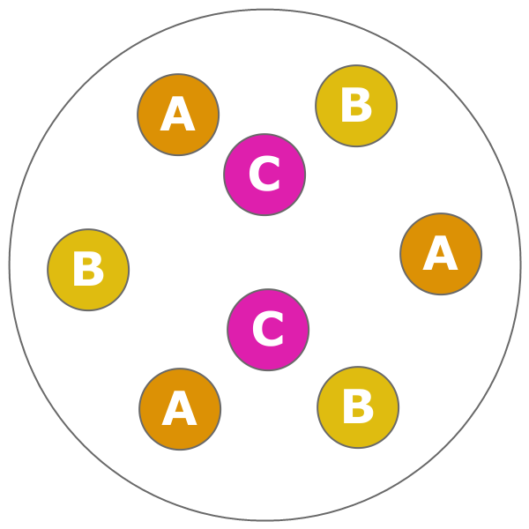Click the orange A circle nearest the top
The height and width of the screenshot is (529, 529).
(178, 115)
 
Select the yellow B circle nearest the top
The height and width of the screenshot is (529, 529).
(356, 106)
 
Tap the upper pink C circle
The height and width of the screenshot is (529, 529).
(264, 175)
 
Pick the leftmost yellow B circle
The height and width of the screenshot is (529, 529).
(88, 270)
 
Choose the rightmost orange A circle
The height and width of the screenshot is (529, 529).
(441, 254)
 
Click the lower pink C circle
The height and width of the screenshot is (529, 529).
(268, 330)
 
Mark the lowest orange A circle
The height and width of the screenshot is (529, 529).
(180, 409)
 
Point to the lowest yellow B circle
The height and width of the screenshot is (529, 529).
(358, 407)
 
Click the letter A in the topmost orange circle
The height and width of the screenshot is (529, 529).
(177, 115)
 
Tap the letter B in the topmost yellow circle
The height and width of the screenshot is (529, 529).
(356, 107)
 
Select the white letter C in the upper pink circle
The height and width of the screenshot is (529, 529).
(264, 175)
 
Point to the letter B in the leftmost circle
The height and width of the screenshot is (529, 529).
(88, 271)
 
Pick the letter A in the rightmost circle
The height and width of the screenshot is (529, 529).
(440, 255)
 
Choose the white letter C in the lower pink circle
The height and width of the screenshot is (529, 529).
(268, 331)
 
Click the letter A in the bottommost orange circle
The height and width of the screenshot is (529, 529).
(179, 410)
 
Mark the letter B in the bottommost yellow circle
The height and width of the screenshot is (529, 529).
(358, 408)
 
